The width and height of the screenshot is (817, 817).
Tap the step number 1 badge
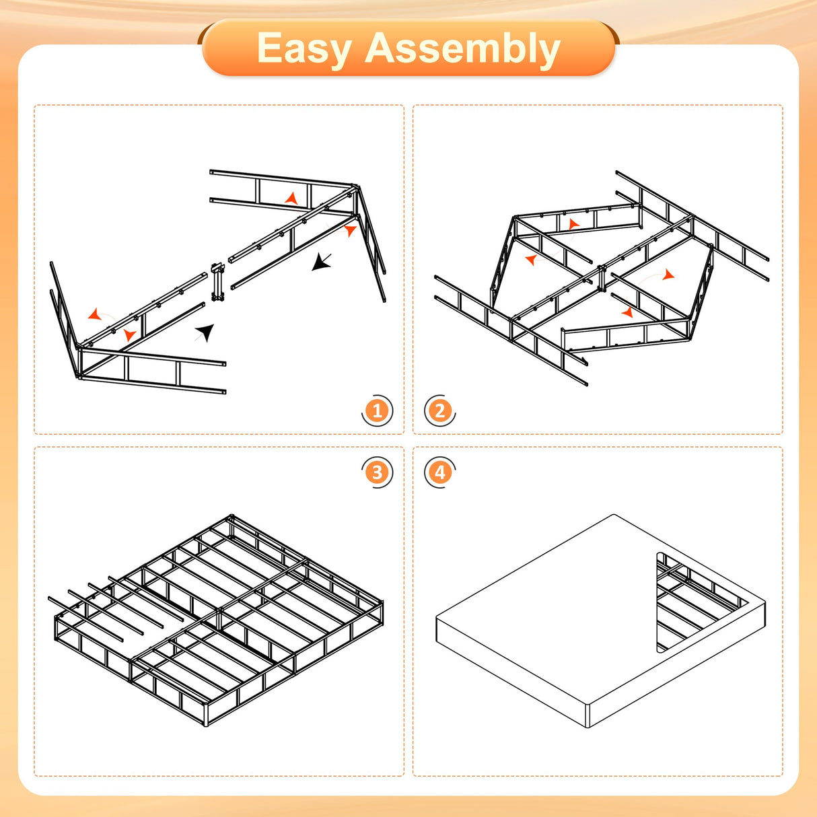pos(377,411)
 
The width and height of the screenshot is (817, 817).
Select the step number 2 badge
pos(439,411)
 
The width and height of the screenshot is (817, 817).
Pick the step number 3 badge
pos(377,472)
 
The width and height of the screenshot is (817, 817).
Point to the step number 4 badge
pos(439,472)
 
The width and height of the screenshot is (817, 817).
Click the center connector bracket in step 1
pos(217,283)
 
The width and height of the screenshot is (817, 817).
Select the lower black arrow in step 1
pos(205,332)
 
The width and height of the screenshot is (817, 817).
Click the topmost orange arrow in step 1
pos(291,198)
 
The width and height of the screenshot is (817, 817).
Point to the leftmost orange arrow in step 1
pos(95,314)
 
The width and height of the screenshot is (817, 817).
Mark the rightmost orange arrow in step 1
pos(350,231)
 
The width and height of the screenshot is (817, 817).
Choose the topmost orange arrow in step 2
pos(573,224)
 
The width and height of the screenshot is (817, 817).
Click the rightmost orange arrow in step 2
pos(668,275)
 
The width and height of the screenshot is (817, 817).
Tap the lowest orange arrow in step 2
pos(627,312)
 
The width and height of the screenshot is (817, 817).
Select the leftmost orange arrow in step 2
pos(531,260)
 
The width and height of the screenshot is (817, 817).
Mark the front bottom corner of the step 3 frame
pos(206,723)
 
